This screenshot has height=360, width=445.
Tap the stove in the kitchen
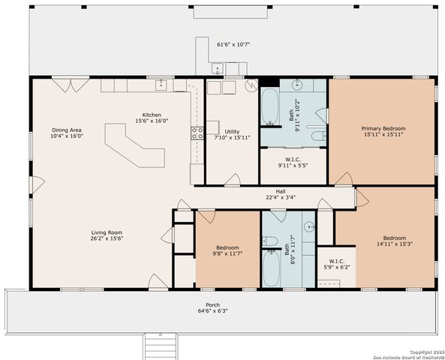pos(197,133)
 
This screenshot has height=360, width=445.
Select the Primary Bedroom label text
pos(383,128)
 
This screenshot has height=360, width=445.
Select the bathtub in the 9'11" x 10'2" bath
pos(269,106)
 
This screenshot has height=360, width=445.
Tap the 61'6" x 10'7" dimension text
pos(233,44)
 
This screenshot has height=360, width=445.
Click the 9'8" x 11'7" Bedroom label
pos(228,247)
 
